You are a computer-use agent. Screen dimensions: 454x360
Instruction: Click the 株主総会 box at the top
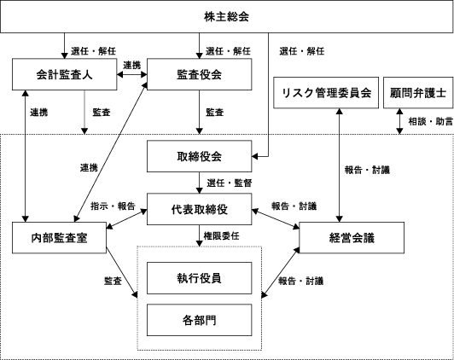pos(226,16)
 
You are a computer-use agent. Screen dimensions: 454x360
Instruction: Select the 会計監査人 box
pos(64,74)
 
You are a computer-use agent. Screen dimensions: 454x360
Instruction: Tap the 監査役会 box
pos(199,74)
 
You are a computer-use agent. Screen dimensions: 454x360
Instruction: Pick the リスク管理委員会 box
pos(326,93)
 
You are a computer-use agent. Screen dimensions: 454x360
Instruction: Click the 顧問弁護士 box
pos(418,93)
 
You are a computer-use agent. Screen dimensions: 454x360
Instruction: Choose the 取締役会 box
pos(199,156)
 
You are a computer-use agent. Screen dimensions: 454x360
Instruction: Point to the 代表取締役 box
pos(199,209)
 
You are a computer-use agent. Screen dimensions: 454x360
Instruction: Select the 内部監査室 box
pos(60,238)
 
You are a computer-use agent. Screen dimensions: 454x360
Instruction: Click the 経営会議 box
pos(352,238)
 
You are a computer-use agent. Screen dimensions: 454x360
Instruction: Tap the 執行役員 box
pos(199,278)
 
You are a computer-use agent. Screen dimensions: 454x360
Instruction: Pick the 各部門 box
pos(199,320)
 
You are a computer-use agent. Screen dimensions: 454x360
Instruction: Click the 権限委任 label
pos(222,235)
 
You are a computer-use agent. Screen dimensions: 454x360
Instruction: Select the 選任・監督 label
pos(230,183)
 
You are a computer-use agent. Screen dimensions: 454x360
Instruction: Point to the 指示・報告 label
pos(113,206)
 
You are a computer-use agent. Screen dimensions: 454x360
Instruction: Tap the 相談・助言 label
pos(431,121)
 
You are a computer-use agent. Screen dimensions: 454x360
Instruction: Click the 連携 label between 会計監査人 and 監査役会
pos(132,66)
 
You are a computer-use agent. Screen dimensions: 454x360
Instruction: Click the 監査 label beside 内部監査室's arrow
pos(113,281)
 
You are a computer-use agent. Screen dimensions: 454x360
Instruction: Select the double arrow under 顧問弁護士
pos(400,121)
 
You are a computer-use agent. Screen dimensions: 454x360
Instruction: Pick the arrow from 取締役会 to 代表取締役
pos(199,183)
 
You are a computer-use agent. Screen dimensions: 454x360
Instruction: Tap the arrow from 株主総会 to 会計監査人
pos(64,46)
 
